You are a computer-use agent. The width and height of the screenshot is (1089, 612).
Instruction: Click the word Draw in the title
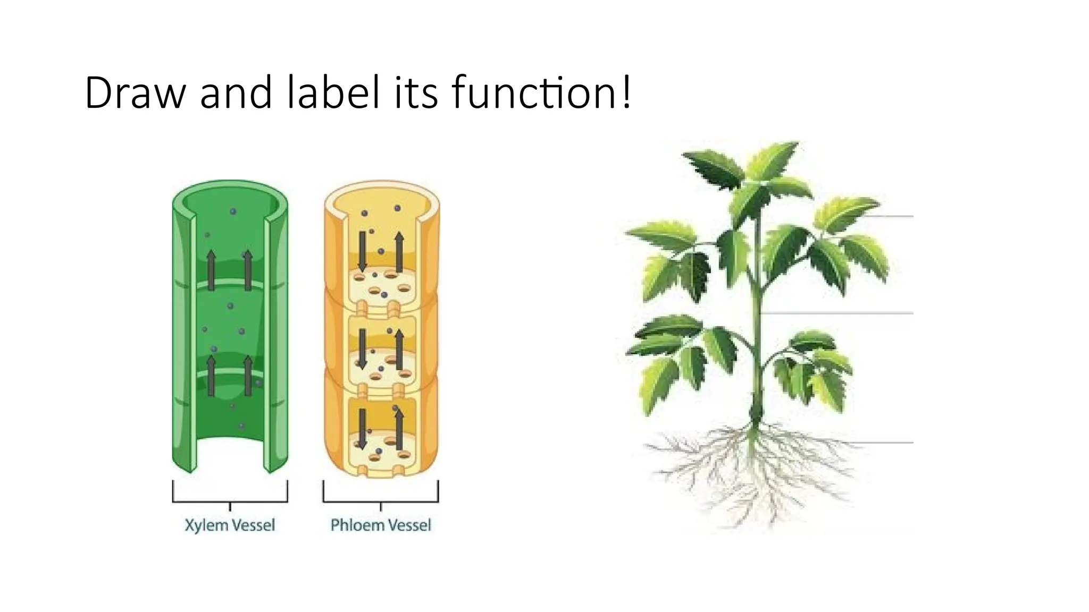coord(135,93)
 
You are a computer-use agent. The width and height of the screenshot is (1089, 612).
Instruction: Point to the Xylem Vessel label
coord(230,525)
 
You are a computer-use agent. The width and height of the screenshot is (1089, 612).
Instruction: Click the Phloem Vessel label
coord(381,525)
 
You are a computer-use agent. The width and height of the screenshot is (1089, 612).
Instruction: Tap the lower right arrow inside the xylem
coord(248,376)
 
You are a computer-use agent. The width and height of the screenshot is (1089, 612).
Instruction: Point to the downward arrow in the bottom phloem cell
coord(363,428)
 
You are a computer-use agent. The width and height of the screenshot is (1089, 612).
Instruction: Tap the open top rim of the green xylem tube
coord(230,188)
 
